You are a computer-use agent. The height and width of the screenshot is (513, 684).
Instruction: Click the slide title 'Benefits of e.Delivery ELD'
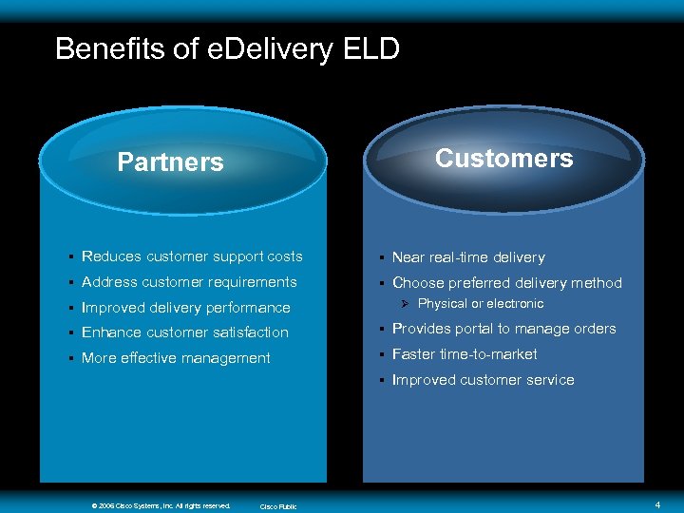pos(227,48)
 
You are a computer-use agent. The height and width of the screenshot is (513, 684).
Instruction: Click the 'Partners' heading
pos(170,162)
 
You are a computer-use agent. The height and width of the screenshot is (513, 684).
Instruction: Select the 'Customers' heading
pos(503,158)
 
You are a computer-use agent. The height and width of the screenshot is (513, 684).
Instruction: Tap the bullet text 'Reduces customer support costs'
pos(192,256)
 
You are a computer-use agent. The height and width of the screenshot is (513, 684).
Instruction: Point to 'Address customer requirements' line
pos(189,282)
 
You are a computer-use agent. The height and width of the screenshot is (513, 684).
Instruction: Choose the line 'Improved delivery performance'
pos(186,308)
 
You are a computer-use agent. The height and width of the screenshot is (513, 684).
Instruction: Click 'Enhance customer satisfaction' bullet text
pos(185,332)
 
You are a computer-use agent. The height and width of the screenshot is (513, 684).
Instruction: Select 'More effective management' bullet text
pos(176,358)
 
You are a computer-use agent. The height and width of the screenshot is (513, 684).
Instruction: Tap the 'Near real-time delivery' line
pos(468,257)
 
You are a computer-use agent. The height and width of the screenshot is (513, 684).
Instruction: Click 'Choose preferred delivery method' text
pos(507,283)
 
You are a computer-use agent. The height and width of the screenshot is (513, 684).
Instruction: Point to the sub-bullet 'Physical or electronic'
pos(481,304)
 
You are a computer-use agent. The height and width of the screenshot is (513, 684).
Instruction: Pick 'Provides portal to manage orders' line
pos(504,329)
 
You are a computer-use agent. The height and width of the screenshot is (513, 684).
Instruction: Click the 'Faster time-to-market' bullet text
pos(465,354)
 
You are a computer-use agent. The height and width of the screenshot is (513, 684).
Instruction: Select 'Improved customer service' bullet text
pos(484,380)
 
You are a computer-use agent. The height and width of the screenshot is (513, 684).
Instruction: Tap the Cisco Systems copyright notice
pos(161,505)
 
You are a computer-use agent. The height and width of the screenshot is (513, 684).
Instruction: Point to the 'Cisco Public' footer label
pos(278,506)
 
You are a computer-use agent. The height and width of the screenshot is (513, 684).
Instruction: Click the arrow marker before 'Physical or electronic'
pos(404,304)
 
